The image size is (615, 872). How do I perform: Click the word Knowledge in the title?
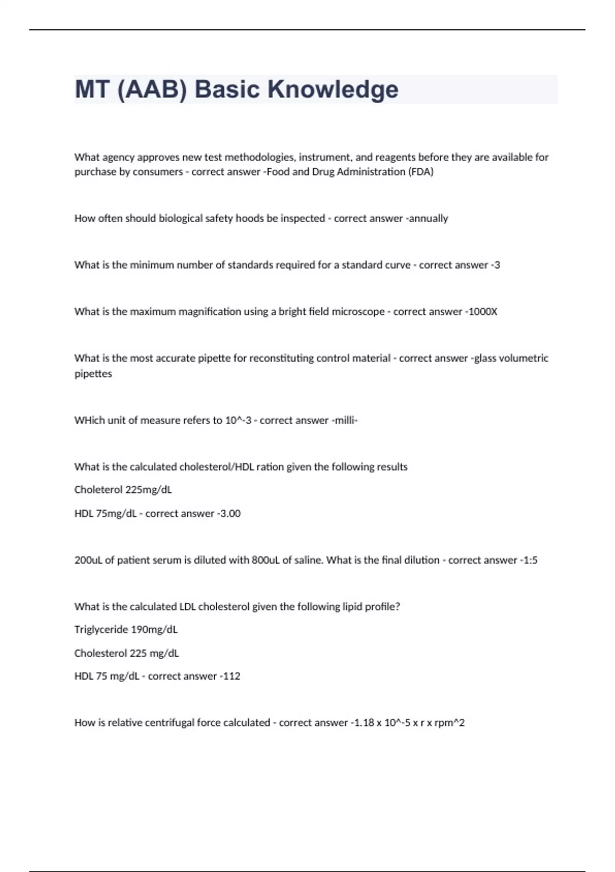coord(333,89)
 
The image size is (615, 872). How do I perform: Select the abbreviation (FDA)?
coord(421,172)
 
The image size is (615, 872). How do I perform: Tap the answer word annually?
coord(428,219)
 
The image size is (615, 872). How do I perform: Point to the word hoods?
coord(250,219)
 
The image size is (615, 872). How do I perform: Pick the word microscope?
coord(358,312)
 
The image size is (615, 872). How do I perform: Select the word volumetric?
coord(523,358)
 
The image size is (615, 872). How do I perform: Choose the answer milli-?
coord(346,420)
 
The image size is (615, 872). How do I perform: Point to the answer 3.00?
coord(230,513)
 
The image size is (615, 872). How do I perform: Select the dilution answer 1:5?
coord(530,560)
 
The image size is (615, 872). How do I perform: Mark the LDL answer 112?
coord(232,676)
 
